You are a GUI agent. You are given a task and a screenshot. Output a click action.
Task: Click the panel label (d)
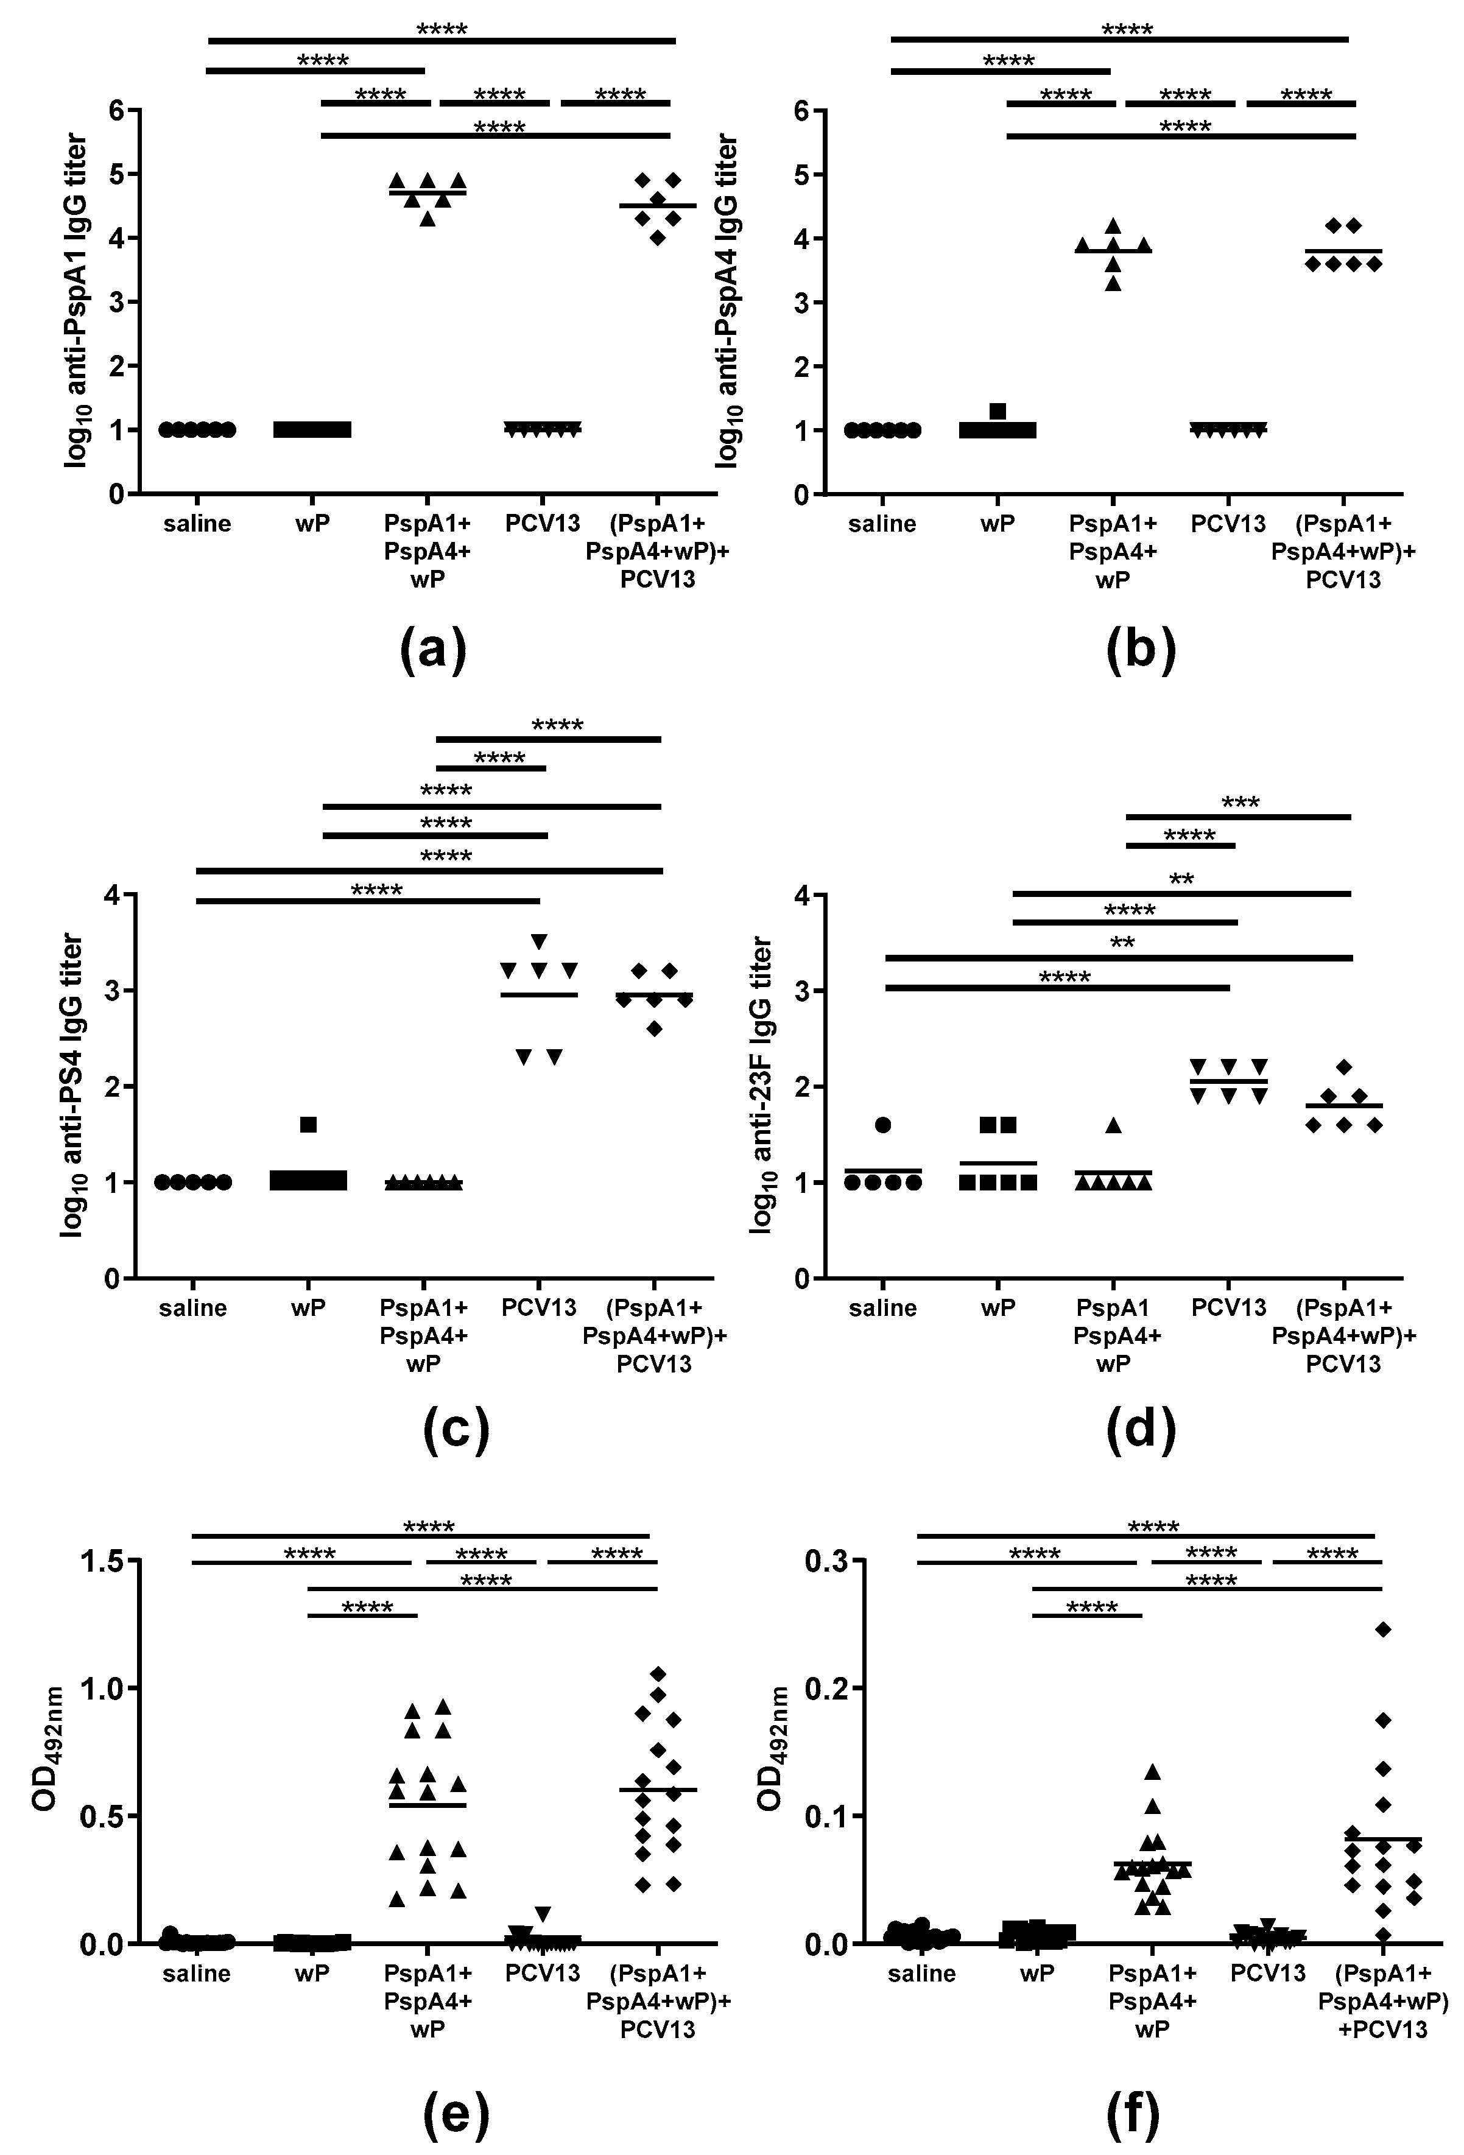click(1141, 1429)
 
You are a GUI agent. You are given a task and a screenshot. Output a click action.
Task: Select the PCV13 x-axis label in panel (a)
click(543, 524)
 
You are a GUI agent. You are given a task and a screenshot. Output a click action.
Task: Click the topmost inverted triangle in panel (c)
click(539, 941)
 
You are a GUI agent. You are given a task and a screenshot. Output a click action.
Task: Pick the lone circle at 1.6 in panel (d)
click(882, 1125)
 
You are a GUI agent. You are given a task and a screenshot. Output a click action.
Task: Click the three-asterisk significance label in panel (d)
click(1240, 802)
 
